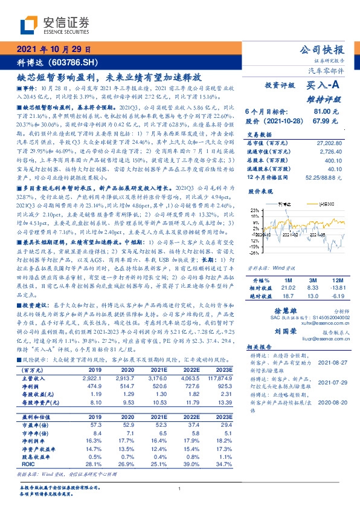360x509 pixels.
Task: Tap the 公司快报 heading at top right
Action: click(323, 50)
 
